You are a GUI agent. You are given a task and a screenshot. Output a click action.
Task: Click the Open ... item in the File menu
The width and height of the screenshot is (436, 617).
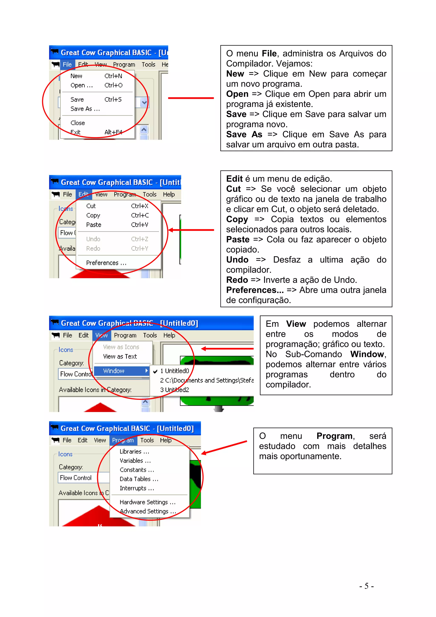[x=81, y=85]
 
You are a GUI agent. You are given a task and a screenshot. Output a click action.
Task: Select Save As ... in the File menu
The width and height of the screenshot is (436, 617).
[x=85, y=109]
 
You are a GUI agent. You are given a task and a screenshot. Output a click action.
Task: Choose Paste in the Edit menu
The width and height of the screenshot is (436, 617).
[x=93, y=225]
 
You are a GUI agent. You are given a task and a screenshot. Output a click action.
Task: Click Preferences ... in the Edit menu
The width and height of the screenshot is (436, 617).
[x=106, y=263]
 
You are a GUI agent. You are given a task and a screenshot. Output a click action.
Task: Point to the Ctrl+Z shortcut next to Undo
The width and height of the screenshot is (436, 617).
[x=139, y=239]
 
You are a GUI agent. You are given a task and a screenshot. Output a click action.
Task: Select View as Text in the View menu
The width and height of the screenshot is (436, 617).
[x=120, y=357]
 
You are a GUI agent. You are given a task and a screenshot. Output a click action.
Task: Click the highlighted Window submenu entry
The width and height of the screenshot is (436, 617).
[x=114, y=371]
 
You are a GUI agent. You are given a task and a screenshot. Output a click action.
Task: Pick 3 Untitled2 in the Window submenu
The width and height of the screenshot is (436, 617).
[x=175, y=390]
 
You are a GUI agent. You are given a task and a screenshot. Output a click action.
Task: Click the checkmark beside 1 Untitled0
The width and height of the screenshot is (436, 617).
[x=155, y=371]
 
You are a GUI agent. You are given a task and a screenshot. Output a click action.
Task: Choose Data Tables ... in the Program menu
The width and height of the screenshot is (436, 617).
[x=139, y=479]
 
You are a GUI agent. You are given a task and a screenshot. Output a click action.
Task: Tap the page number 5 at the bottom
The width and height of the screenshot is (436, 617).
[x=366, y=586]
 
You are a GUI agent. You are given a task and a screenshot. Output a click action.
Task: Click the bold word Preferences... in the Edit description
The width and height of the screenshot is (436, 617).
[x=255, y=290]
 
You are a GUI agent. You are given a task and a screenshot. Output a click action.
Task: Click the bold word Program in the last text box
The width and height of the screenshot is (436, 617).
[x=334, y=436]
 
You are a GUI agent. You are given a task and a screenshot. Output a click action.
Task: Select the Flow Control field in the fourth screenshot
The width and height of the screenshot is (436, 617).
[x=76, y=478]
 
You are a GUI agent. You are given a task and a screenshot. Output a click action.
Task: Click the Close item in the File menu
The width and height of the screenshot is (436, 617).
[x=78, y=123]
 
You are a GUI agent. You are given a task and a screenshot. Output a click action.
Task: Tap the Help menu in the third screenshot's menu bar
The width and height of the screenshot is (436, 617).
[x=169, y=335]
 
